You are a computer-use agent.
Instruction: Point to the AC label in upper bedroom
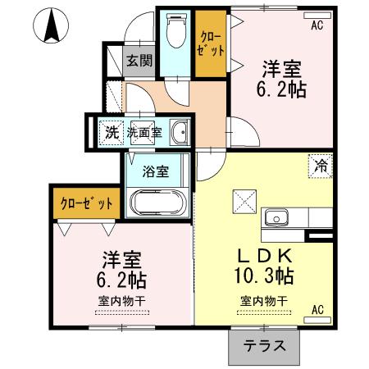click(317, 25)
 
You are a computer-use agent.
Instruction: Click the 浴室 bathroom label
click(157, 172)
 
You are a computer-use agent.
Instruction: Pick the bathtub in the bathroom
click(159, 203)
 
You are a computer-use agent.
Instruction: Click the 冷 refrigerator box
click(320, 165)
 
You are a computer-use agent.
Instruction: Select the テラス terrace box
click(263, 345)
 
